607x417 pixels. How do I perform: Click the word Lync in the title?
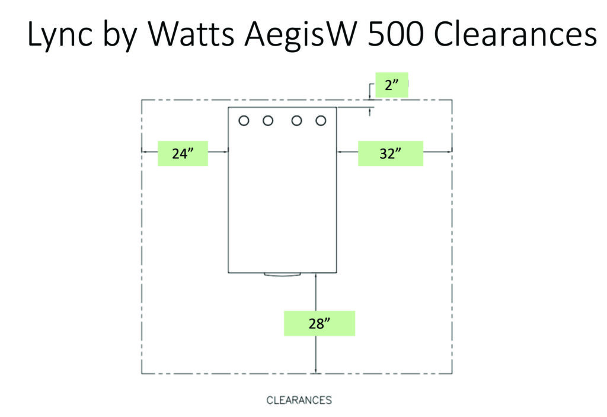60,36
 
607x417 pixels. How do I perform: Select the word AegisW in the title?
301,36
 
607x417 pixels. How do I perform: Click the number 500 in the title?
395,34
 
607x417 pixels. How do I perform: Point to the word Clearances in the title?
515,34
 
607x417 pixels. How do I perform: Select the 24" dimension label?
183,153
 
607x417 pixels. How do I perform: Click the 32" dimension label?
390,153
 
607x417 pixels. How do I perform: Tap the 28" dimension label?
320,323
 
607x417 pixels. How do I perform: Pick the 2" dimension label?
392,85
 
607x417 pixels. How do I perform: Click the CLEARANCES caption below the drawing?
299,400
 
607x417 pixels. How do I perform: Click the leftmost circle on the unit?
244,121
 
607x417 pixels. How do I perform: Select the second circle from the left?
268,121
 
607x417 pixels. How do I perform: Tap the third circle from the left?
296,121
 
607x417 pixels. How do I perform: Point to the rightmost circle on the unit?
321,121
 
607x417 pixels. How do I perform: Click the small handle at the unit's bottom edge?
282,274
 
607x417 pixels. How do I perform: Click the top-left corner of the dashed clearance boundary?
142,100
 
